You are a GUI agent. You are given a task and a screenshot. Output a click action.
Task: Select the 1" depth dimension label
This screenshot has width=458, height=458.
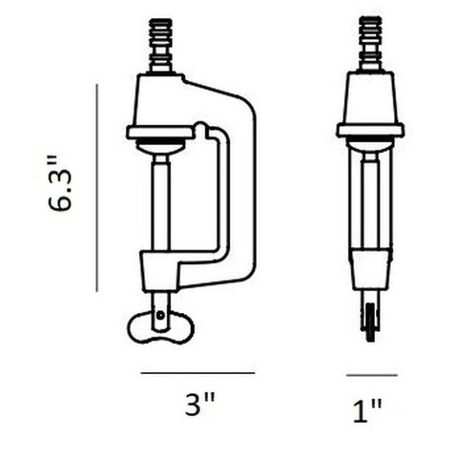coord(370,412)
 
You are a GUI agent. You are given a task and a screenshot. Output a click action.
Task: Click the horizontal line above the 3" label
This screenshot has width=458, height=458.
coord(198,372)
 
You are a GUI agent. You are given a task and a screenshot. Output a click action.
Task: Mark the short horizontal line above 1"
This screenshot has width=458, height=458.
coord(371,374)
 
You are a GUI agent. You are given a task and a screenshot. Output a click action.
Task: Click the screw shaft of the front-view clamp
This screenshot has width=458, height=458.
coord(160,205)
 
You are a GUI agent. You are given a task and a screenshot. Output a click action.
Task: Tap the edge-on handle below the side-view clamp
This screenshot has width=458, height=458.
coord(370,315)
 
